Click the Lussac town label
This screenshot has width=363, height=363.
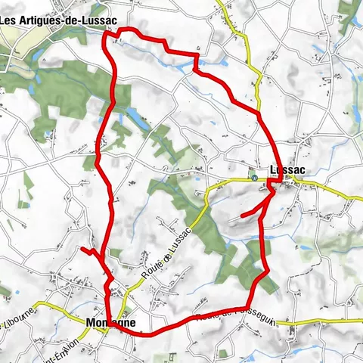pos(287,170)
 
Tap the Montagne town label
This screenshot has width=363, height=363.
pos(111,322)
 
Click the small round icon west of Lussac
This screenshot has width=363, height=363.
pos(255,179)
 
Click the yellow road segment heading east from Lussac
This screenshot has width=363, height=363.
pos(333,189)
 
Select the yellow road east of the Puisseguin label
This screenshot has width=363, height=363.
pos(318,323)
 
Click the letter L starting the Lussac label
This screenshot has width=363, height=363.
pos(273,170)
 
